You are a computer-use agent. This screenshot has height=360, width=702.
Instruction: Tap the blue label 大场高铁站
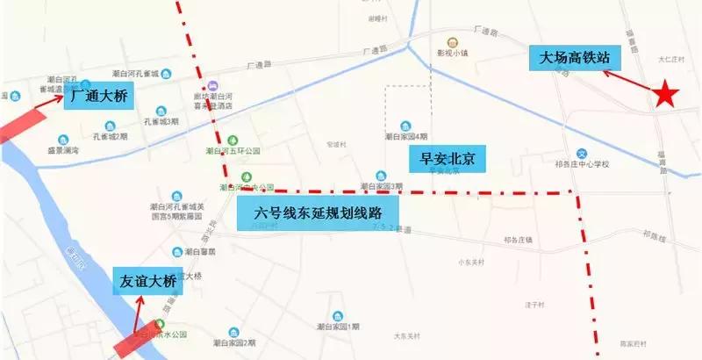coord(575,60)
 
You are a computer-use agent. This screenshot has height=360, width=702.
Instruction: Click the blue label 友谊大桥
coord(148,282)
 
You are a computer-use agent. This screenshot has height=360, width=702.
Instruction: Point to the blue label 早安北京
coord(448,159)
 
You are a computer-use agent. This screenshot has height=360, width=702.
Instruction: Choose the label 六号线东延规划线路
coord(316,212)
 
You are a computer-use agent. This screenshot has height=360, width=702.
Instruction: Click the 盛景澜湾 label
coord(63,151)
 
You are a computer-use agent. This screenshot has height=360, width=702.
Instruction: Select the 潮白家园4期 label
coord(405,136)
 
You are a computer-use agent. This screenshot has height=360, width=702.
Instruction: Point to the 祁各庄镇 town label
coord(521,239)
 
